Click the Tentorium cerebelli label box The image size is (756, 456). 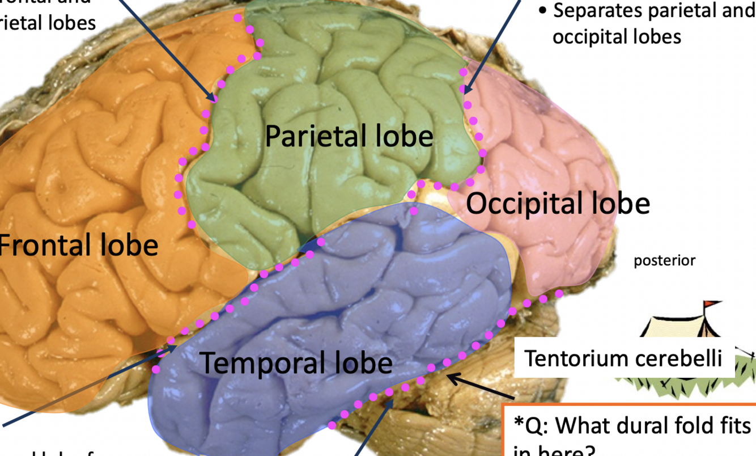point(623,358)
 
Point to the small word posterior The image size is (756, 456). point(664,261)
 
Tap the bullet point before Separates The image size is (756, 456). point(542,11)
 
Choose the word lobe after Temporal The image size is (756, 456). point(364,363)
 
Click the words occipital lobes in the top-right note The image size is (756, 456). point(617,37)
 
